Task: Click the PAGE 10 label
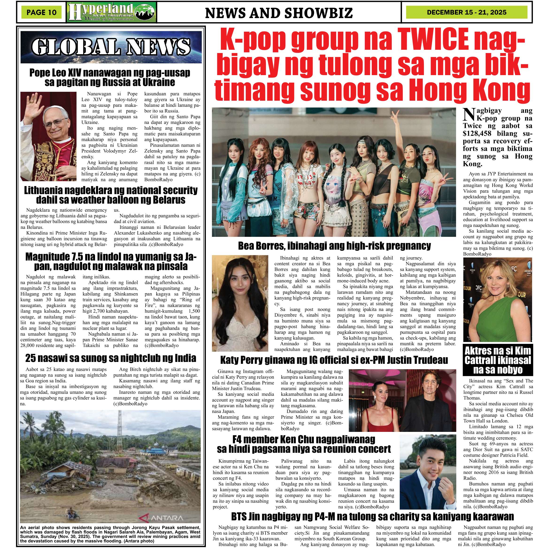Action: coord(42,12)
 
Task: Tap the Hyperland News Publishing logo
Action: coord(111,12)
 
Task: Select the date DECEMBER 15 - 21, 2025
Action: coord(467,12)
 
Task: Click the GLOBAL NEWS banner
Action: coord(111,47)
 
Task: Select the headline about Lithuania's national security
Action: coord(111,195)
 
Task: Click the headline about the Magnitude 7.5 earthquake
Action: coord(111,261)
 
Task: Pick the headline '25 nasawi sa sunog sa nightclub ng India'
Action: coord(111,358)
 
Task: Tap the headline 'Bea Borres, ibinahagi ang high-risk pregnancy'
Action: coord(334,246)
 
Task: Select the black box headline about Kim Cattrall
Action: coord(498,360)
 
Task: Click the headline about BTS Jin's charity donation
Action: coord(372,516)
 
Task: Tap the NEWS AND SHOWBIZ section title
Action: coord(279,13)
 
